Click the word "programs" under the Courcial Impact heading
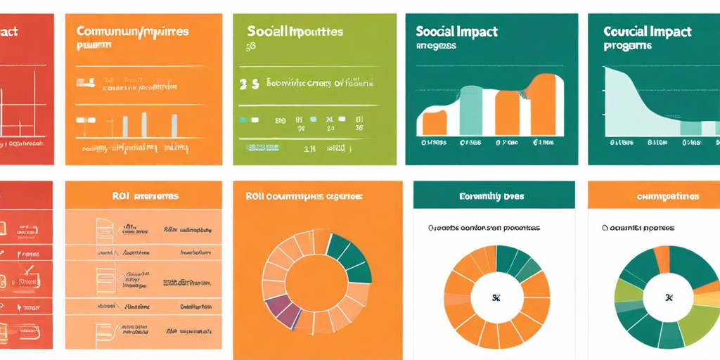point(627,46)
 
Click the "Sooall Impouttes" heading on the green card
point(295,32)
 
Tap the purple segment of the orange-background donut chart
point(279,310)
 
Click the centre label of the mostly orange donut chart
point(496,296)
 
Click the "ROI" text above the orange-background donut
point(253,197)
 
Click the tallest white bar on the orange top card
point(143,124)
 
